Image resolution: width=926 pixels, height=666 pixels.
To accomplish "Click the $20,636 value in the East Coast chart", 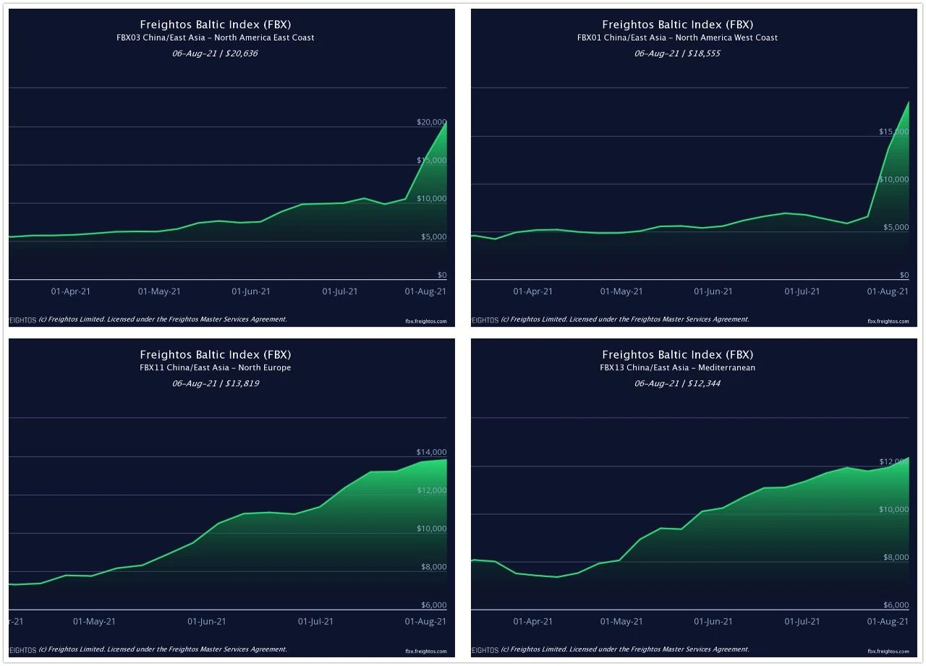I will point(239,54).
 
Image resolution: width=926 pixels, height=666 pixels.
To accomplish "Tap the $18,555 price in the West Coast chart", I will point(702,54).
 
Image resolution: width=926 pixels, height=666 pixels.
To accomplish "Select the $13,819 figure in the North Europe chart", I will point(239,383).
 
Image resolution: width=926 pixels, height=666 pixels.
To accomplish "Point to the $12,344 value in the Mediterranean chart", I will point(702,383).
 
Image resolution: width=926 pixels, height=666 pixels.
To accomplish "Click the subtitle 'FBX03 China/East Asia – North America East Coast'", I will point(216,38).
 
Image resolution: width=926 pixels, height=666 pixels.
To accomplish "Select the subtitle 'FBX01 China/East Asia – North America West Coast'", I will point(678,38).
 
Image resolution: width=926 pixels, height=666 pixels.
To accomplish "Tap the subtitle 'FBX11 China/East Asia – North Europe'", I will point(216,367).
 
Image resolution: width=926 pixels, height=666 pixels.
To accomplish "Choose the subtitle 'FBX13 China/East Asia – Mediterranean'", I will point(678,367).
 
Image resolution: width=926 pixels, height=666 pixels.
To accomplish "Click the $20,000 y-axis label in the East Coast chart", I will point(432,122).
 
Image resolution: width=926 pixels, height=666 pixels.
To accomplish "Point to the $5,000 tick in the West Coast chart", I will point(894,228).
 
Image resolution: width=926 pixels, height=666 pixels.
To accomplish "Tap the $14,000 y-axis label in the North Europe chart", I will point(432,452).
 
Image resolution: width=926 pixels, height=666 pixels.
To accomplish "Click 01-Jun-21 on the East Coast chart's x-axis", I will point(251,291).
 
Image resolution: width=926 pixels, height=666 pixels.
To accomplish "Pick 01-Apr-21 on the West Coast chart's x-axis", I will point(533,291).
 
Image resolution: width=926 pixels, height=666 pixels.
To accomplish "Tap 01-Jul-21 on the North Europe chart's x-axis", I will point(315,621).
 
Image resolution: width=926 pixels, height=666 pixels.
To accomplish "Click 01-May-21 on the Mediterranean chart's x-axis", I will point(622,621).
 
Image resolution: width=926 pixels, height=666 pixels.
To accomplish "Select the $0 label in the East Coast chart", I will point(442,276).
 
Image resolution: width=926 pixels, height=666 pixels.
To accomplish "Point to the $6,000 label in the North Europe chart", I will point(434,605).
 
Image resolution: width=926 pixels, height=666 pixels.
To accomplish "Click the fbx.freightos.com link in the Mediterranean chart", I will point(888,651).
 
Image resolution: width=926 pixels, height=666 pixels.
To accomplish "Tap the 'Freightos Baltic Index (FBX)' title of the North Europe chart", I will point(216,354).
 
